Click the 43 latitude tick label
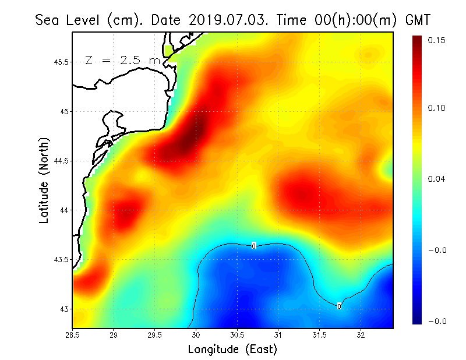click(x=64, y=309)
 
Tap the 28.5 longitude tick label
click(x=73, y=336)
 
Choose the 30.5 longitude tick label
click(x=237, y=336)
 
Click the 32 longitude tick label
click(x=361, y=336)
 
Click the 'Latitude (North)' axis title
click(x=44, y=181)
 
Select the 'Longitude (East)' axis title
click(x=232, y=350)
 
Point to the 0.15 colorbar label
click(x=436, y=40)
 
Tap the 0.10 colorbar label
click(x=436, y=108)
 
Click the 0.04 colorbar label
click(x=436, y=179)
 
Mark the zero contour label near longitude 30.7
click(x=253, y=246)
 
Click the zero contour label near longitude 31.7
click(x=339, y=306)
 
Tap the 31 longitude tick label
click(x=278, y=336)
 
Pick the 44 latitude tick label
click(x=64, y=210)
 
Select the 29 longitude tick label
click(x=114, y=336)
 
